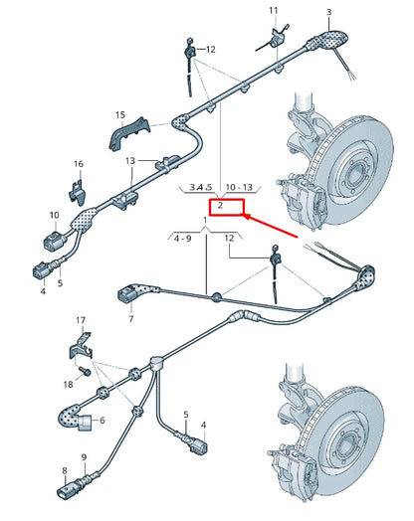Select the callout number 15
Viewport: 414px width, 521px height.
[x=119, y=115]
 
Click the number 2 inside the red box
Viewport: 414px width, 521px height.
[x=220, y=206]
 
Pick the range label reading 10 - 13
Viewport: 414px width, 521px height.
[x=240, y=186]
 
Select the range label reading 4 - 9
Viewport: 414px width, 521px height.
[x=182, y=239]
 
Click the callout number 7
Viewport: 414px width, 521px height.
[x=130, y=319]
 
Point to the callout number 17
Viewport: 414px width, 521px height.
[x=82, y=321]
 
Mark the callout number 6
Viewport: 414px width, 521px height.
[x=102, y=421]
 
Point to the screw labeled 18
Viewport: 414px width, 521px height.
[x=85, y=372]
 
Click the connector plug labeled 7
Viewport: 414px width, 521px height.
[x=127, y=293]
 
